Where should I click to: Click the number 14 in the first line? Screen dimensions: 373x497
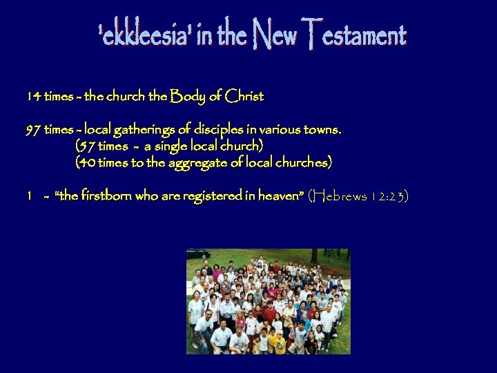pyautogui.click(x=33, y=97)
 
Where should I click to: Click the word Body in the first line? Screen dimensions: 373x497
pyautogui.click(x=186, y=97)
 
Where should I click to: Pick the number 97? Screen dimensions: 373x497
pyautogui.click(x=33, y=129)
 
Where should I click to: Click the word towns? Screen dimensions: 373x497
pyautogui.click(x=324, y=129)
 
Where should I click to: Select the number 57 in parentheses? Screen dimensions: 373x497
pyautogui.click(x=86, y=146)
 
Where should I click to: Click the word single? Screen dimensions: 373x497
pyautogui.click(x=177, y=146)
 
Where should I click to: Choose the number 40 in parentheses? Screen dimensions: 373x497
pyautogui.click(x=86, y=162)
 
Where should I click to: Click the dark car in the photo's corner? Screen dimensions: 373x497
pyautogui.click(x=199, y=254)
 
